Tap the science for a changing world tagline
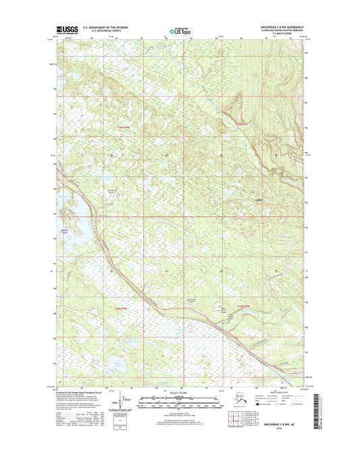64,35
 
